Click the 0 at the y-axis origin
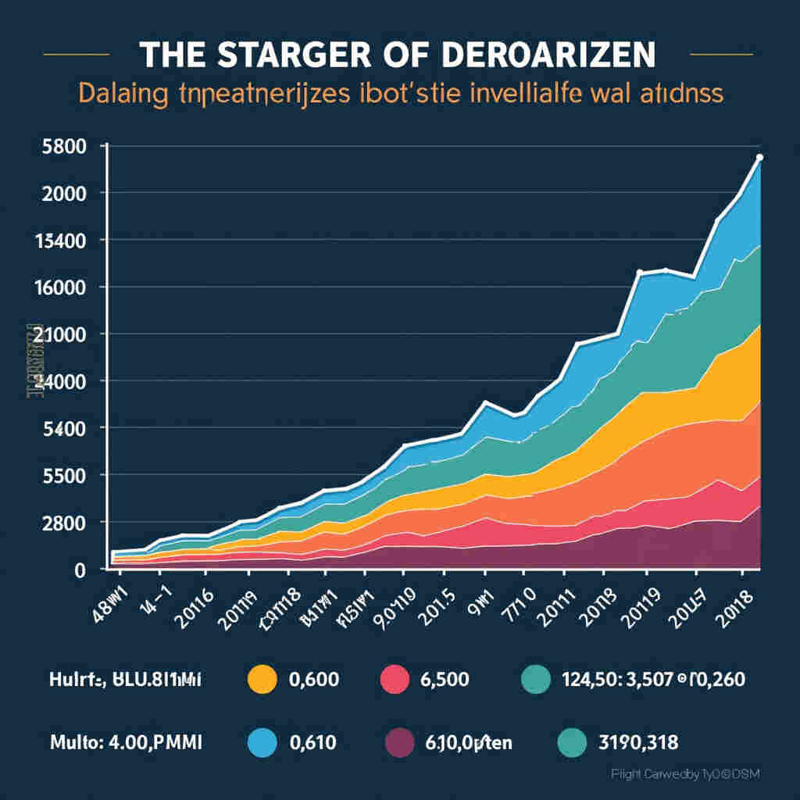79,570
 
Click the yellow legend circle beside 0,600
262,679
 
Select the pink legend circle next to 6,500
395,679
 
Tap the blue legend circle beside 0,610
262,741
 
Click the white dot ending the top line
760,158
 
